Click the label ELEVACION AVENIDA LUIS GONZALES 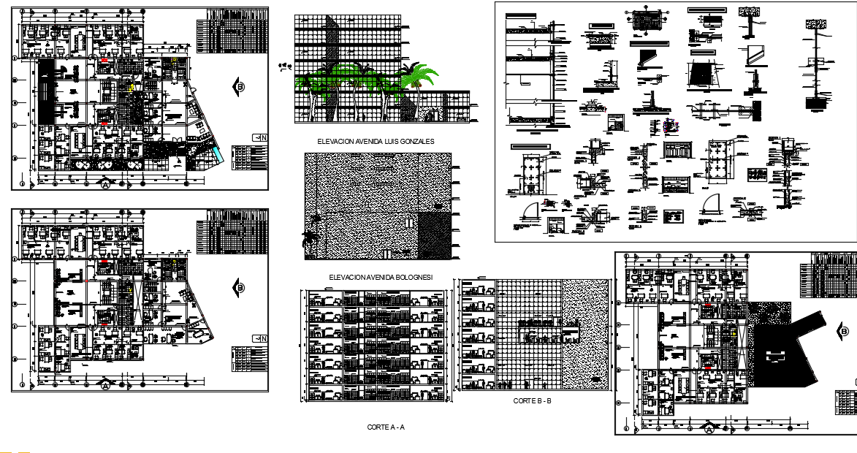[x=376, y=141]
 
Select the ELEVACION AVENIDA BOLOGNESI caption [x=380, y=277]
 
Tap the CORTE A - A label [x=385, y=427]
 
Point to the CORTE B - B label [x=532, y=401]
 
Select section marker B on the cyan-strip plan [x=239, y=88]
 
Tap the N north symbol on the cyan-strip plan [x=259, y=137]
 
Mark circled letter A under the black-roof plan [x=707, y=429]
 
